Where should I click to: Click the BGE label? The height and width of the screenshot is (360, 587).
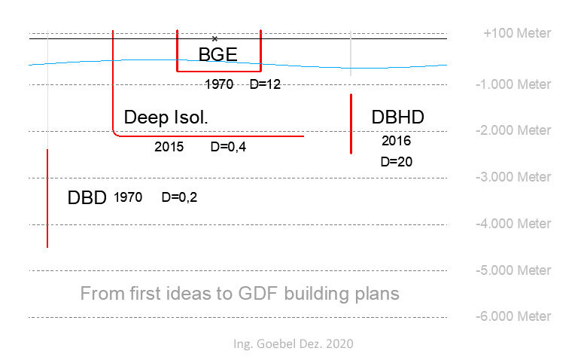[217, 54]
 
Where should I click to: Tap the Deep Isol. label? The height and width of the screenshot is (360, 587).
[166, 117]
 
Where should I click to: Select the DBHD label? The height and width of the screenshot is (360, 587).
[398, 117]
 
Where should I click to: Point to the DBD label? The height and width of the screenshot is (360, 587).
[87, 198]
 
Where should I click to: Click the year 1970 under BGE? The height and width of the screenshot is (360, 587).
[219, 84]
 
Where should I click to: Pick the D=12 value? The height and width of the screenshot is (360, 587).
[264, 84]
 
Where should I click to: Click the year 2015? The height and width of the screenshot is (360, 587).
[169, 147]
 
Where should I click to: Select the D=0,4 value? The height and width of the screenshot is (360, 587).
[228, 147]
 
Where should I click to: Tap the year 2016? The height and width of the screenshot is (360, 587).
[396, 141]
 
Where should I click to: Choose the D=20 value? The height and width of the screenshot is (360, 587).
[396, 161]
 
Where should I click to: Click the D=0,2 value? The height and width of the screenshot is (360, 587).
[180, 197]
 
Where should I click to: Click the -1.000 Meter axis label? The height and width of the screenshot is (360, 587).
[513, 84]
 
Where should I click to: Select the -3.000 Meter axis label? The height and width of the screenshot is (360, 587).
[513, 177]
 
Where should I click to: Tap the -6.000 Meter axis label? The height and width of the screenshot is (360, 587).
[513, 316]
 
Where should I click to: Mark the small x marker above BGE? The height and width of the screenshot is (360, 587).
[214, 38]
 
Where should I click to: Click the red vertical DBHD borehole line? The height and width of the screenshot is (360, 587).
[351, 124]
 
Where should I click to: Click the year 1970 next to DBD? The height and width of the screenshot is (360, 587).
[128, 197]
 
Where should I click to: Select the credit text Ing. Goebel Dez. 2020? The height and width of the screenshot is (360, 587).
[293, 343]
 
